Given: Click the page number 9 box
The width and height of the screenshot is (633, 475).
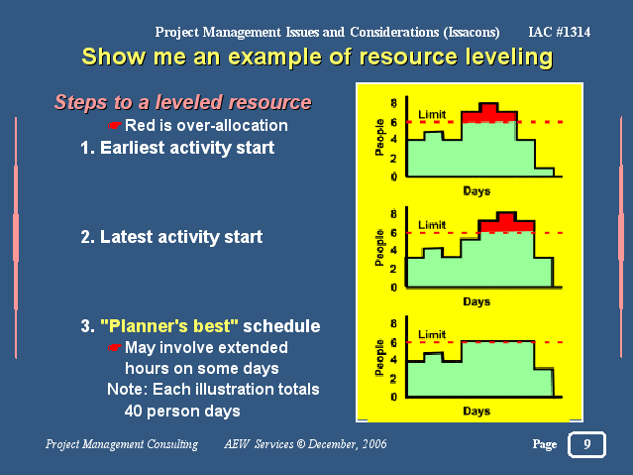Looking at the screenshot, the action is tap(586, 444).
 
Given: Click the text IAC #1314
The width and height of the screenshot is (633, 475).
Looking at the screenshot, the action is tap(559, 32).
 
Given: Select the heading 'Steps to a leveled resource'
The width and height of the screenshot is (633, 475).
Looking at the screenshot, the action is tap(183, 102).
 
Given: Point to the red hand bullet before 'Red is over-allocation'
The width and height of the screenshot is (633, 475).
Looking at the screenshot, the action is tap(115, 126).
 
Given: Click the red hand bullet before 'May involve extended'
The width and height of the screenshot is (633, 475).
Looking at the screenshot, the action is tap(115, 348).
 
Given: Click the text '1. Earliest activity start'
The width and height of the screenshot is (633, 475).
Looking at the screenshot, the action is tap(177, 148).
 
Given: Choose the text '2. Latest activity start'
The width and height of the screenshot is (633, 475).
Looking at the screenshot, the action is tap(171, 236).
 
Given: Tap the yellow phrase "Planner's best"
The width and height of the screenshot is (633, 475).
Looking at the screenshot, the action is tap(169, 326).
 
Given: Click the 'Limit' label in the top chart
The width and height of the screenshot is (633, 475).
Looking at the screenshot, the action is tap(432, 115).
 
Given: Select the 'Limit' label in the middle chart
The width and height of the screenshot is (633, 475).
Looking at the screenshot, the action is tap(432, 225).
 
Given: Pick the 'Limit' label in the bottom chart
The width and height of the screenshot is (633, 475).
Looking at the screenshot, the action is tap(432, 335).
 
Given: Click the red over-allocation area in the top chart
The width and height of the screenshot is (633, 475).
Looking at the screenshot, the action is tap(488, 114).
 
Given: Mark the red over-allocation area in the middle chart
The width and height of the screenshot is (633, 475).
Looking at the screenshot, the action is tap(506, 224).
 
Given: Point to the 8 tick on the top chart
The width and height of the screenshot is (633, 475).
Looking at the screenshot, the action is tap(393, 103).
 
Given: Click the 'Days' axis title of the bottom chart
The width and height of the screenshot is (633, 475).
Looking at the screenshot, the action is tap(476, 412).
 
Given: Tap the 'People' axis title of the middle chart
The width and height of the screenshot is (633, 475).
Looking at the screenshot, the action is tap(379, 247).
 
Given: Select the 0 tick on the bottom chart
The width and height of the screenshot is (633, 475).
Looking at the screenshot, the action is tap(393, 397).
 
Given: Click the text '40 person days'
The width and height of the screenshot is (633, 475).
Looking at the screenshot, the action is tap(182, 412).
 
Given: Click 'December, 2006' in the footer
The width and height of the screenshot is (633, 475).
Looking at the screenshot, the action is tap(347, 444).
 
